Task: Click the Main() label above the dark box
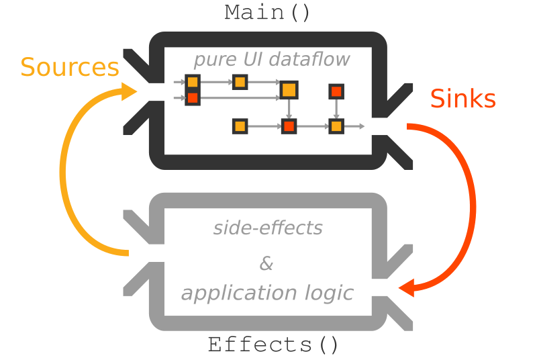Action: click(267, 13)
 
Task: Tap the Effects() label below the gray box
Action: click(273, 345)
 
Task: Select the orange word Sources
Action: click(70, 68)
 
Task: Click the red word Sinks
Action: click(462, 99)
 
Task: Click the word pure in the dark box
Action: click(210, 60)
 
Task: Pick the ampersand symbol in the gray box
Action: click(266, 264)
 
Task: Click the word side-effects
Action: click(268, 228)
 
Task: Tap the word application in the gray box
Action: click(230, 294)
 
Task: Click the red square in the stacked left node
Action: click(193, 98)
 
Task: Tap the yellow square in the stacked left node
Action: click(193, 83)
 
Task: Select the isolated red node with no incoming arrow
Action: click(336, 91)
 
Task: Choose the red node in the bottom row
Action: click(289, 126)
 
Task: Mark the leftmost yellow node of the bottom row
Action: click(240, 126)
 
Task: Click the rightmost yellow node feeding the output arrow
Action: click(336, 126)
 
